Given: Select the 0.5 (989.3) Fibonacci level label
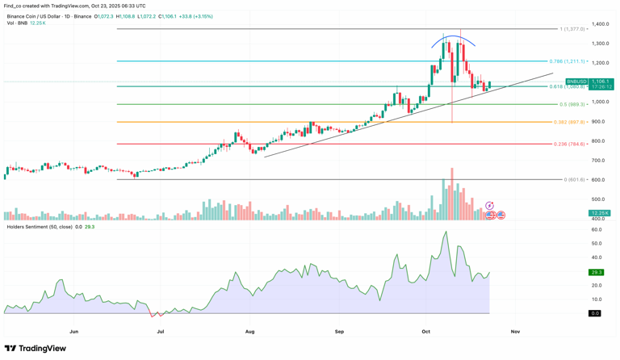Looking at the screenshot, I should [x=572, y=104].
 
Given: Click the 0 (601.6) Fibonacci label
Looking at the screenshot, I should [x=574, y=180].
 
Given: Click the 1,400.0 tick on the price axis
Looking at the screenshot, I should [x=600, y=24].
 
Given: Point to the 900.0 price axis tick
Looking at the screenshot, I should [x=598, y=122].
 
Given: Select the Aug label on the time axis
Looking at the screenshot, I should [x=249, y=331].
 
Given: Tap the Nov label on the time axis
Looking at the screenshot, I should [x=515, y=331].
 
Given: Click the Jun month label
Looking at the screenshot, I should [x=74, y=331].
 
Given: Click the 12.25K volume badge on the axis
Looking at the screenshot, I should [x=600, y=213].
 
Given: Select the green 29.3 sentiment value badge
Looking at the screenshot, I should [x=597, y=272].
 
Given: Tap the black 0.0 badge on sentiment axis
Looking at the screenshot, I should [x=595, y=313].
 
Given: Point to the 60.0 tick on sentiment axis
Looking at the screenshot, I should [x=597, y=230].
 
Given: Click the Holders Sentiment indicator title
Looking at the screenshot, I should [x=39, y=227].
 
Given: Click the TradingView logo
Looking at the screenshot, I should [x=35, y=349].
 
